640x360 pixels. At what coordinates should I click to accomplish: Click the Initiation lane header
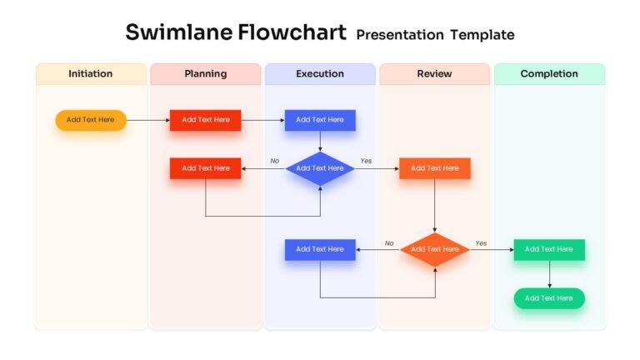(91, 74)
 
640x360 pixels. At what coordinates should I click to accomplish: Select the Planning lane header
(205, 74)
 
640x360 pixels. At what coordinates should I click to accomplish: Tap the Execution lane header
(320, 74)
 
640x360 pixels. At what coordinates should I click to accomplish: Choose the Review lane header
(434, 74)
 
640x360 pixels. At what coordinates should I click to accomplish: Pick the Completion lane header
(549, 74)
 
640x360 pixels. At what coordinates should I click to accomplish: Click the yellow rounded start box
(91, 120)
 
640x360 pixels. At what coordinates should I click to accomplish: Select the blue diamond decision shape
(320, 168)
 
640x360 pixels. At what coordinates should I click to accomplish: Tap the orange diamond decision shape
(434, 249)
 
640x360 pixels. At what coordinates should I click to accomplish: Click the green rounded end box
(549, 298)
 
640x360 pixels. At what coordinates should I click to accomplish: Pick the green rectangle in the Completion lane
(549, 249)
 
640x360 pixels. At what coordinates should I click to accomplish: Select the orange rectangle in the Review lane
(434, 168)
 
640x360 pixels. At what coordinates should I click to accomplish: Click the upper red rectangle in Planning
(205, 120)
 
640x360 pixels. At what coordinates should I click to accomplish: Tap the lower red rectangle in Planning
(205, 168)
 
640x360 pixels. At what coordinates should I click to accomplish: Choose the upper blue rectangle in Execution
(320, 120)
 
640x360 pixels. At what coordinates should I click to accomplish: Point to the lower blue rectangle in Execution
(320, 249)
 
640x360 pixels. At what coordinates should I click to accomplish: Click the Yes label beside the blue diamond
(366, 161)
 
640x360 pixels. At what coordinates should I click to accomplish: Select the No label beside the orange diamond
(389, 243)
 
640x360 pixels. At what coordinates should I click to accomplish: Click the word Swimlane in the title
(177, 32)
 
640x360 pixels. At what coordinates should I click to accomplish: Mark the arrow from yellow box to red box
(147, 120)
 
